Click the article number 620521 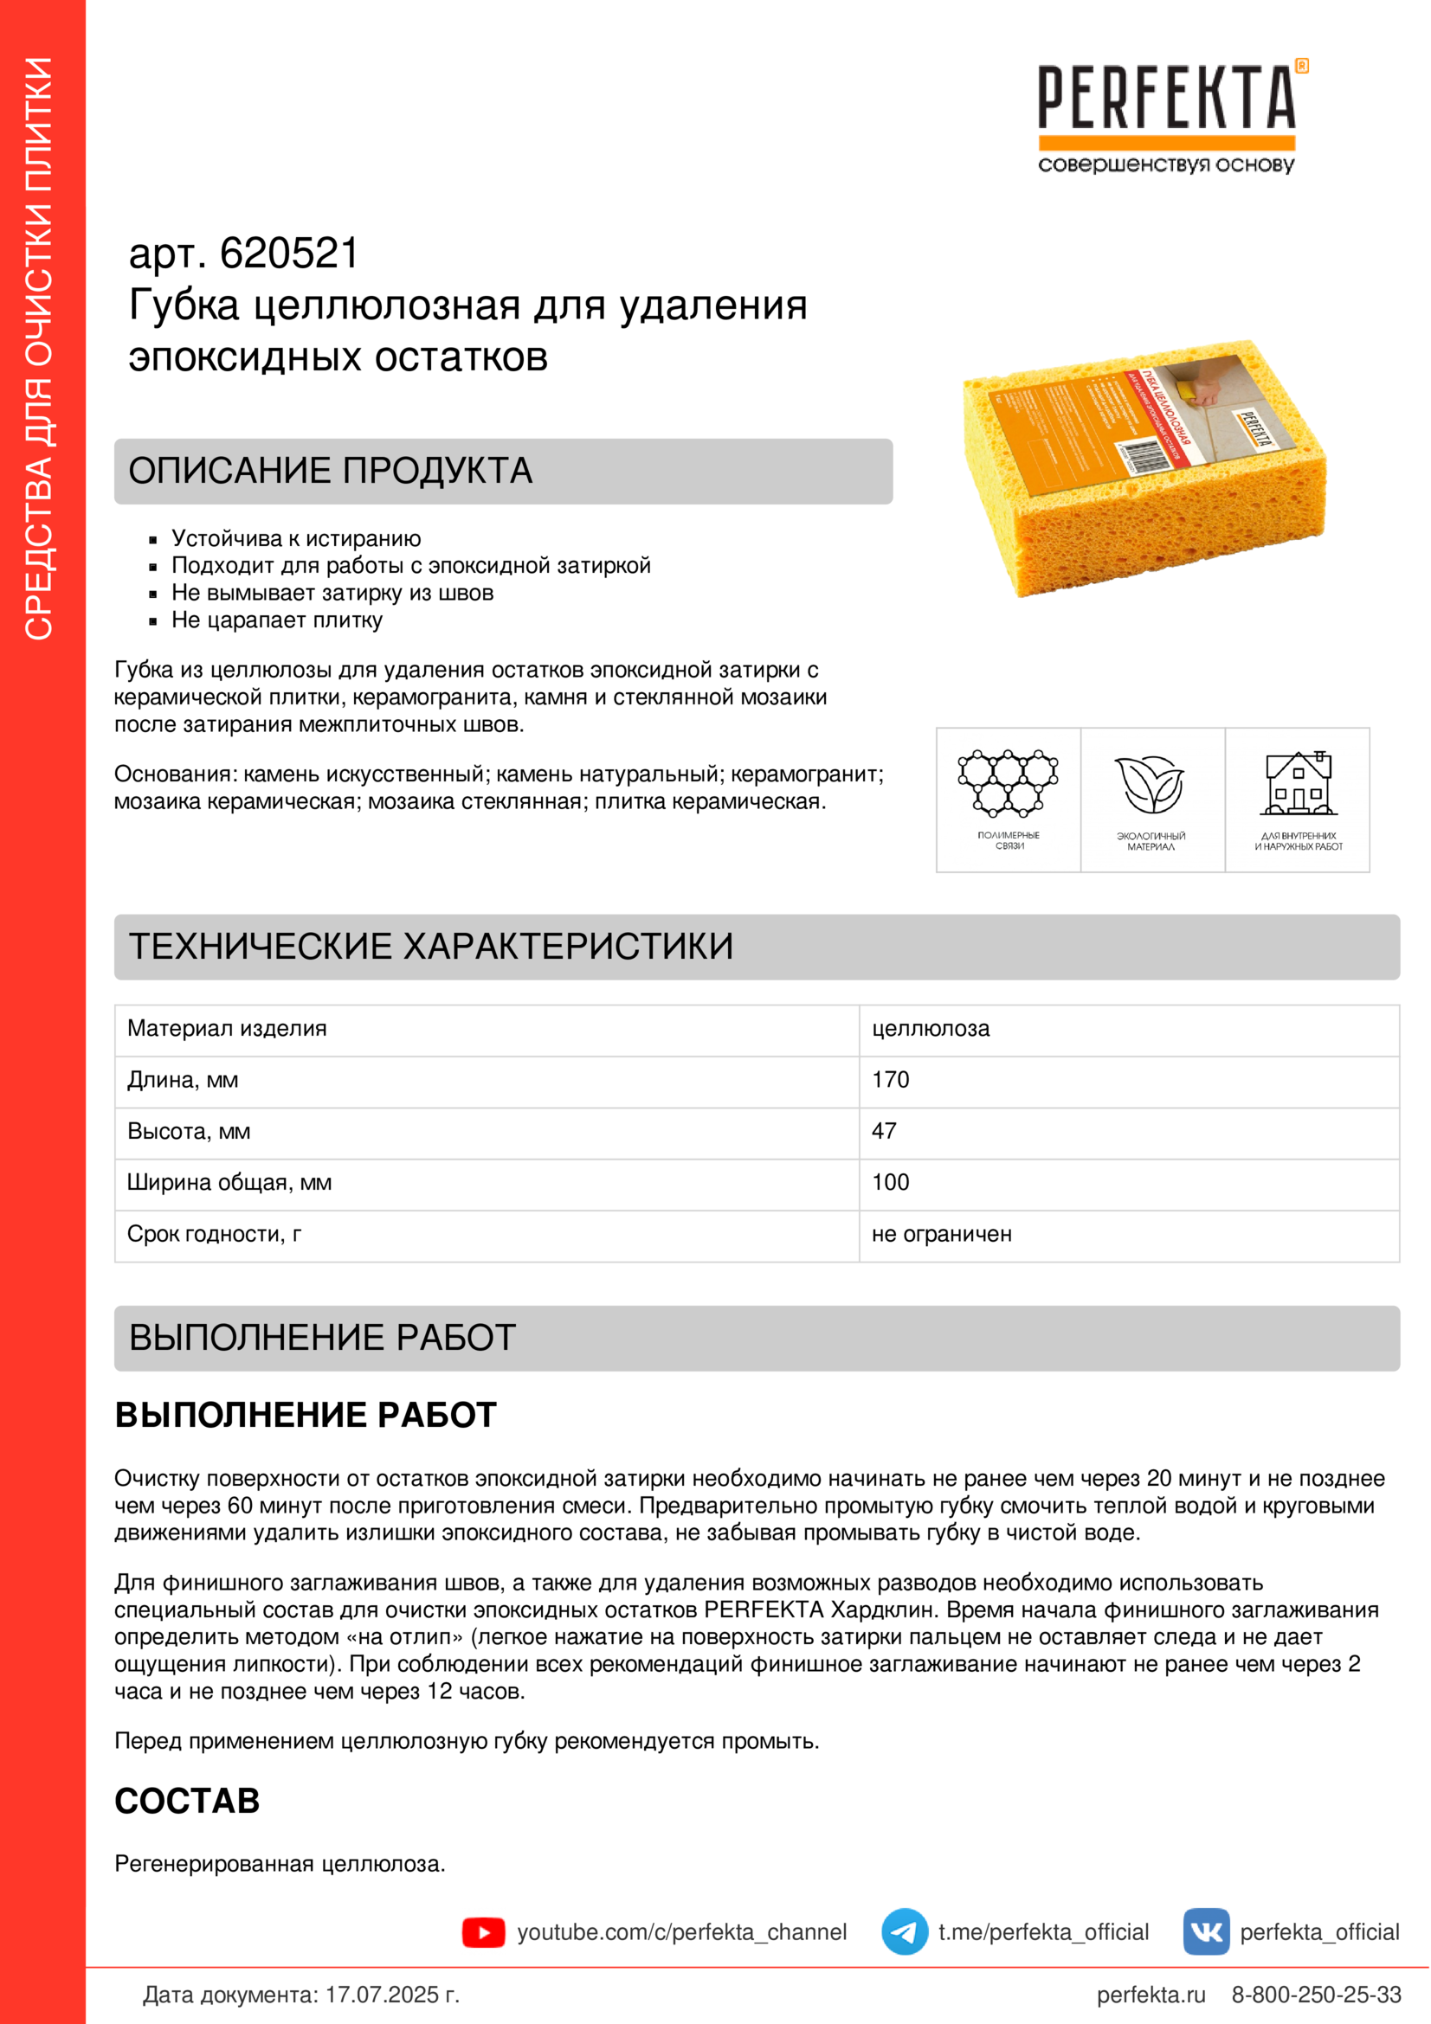[288, 254]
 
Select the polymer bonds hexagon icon [1008, 783]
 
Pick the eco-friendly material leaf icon [1151, 785]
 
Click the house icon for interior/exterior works [1298, 783]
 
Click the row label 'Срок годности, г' [214, 1234]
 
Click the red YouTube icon [483, 1933]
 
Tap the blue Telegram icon [904, 1932]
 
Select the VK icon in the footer [1205, 1932]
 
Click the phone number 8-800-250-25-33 [1316, 1995]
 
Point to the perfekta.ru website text [1150, 1995]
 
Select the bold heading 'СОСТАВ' [187, 1802]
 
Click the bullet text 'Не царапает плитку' [277, 620]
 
